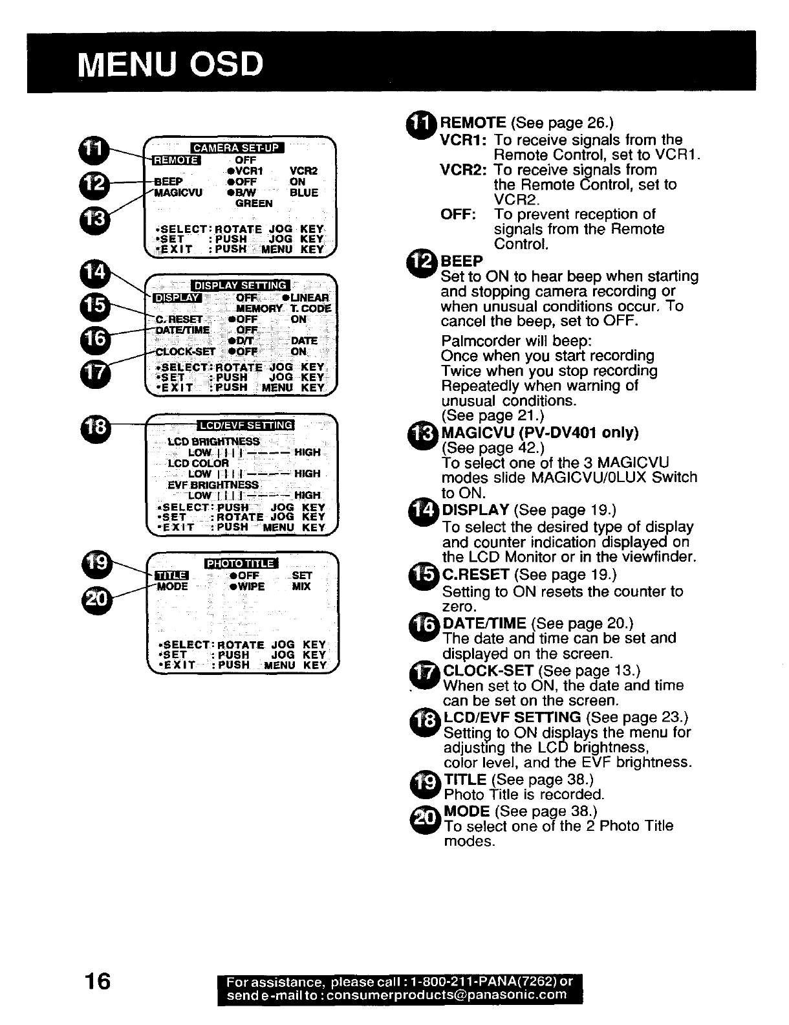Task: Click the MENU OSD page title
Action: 170,64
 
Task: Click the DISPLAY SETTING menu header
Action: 241,285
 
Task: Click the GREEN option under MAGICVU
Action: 254,203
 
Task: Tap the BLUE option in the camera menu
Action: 304,193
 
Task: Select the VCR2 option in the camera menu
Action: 304,171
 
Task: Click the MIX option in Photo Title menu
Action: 301,586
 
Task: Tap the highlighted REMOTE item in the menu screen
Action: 177,160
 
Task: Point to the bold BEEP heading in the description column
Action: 462,261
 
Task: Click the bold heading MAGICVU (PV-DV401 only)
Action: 539,432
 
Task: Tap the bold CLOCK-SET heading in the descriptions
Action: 488,670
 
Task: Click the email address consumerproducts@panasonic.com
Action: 446,995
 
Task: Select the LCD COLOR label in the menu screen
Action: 198,463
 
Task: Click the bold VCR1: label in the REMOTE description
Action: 464,140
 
